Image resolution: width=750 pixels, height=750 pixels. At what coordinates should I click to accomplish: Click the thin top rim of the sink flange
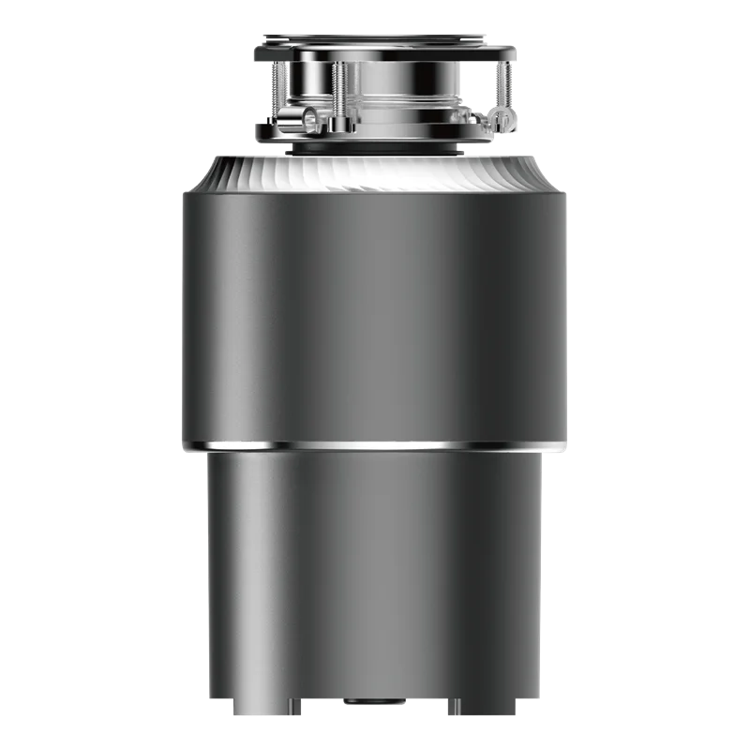(x=375, y=37)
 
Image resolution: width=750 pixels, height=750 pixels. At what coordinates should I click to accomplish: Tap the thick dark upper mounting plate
(x=375, y=52)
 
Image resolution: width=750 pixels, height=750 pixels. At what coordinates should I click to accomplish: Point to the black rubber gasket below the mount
(x=375, y=148)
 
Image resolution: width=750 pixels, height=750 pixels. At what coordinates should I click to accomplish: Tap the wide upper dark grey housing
(x=375, y=309)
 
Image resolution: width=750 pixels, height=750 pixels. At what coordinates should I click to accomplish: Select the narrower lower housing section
(x=375, y=562)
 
